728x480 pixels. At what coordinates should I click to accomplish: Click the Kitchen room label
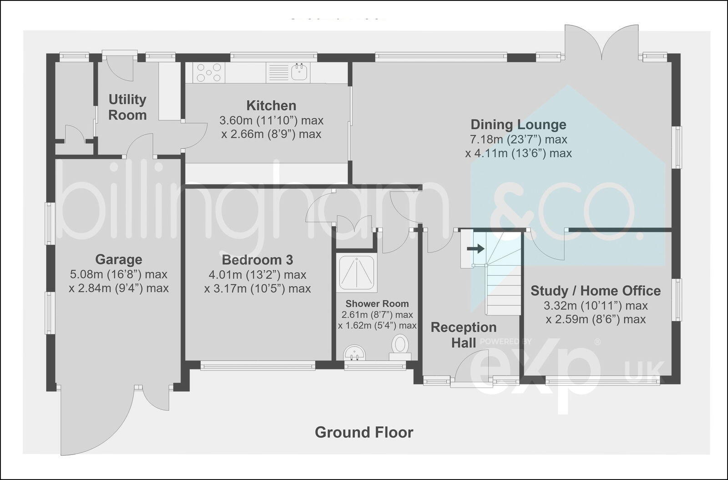pyautogui.click(x=271, y=106)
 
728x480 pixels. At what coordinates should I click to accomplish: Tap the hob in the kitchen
pyautogui.click(x=209, y=72)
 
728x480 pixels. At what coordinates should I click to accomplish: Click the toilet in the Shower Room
pyautogui.click(x=400, y=345)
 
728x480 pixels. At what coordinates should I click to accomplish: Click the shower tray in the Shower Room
pyautogui.click(x=356, y=272)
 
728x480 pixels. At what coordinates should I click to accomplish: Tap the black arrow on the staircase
pyautogui.click(x=476, y=248)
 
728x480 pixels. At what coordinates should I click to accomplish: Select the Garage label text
pyautogui.click(x=119, y=260)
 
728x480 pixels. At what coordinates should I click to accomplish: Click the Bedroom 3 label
pyautogui.click(x=257, y=260)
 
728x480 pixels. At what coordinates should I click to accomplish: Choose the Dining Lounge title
pyautogui.click(x=518, y=124)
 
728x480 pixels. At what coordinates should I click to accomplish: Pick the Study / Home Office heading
pyautogui.click(x=596, y=291)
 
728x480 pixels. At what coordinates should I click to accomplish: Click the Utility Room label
pyautogui.click(x=127, y=107)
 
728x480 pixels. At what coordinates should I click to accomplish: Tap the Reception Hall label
pyautogui.click(x=464, y=335)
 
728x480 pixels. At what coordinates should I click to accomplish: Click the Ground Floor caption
pyautogui.click(x=364, y=432)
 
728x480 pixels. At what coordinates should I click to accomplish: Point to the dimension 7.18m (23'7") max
pyautogui.click(x=518, y=139)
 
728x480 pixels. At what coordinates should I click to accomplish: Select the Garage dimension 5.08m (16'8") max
pyautogui.click(x=119, y=274)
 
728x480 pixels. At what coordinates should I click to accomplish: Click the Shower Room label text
pyautogui.click(x=377, y=303)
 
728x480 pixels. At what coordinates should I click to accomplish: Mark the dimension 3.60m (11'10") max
pyautogui.click(x=271, y=121)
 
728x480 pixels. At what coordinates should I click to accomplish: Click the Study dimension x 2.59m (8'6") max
pyautogui.click(x=596, y=319)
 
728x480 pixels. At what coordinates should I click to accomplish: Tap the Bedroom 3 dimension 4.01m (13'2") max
pyautogui.click(x=257, y=275)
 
